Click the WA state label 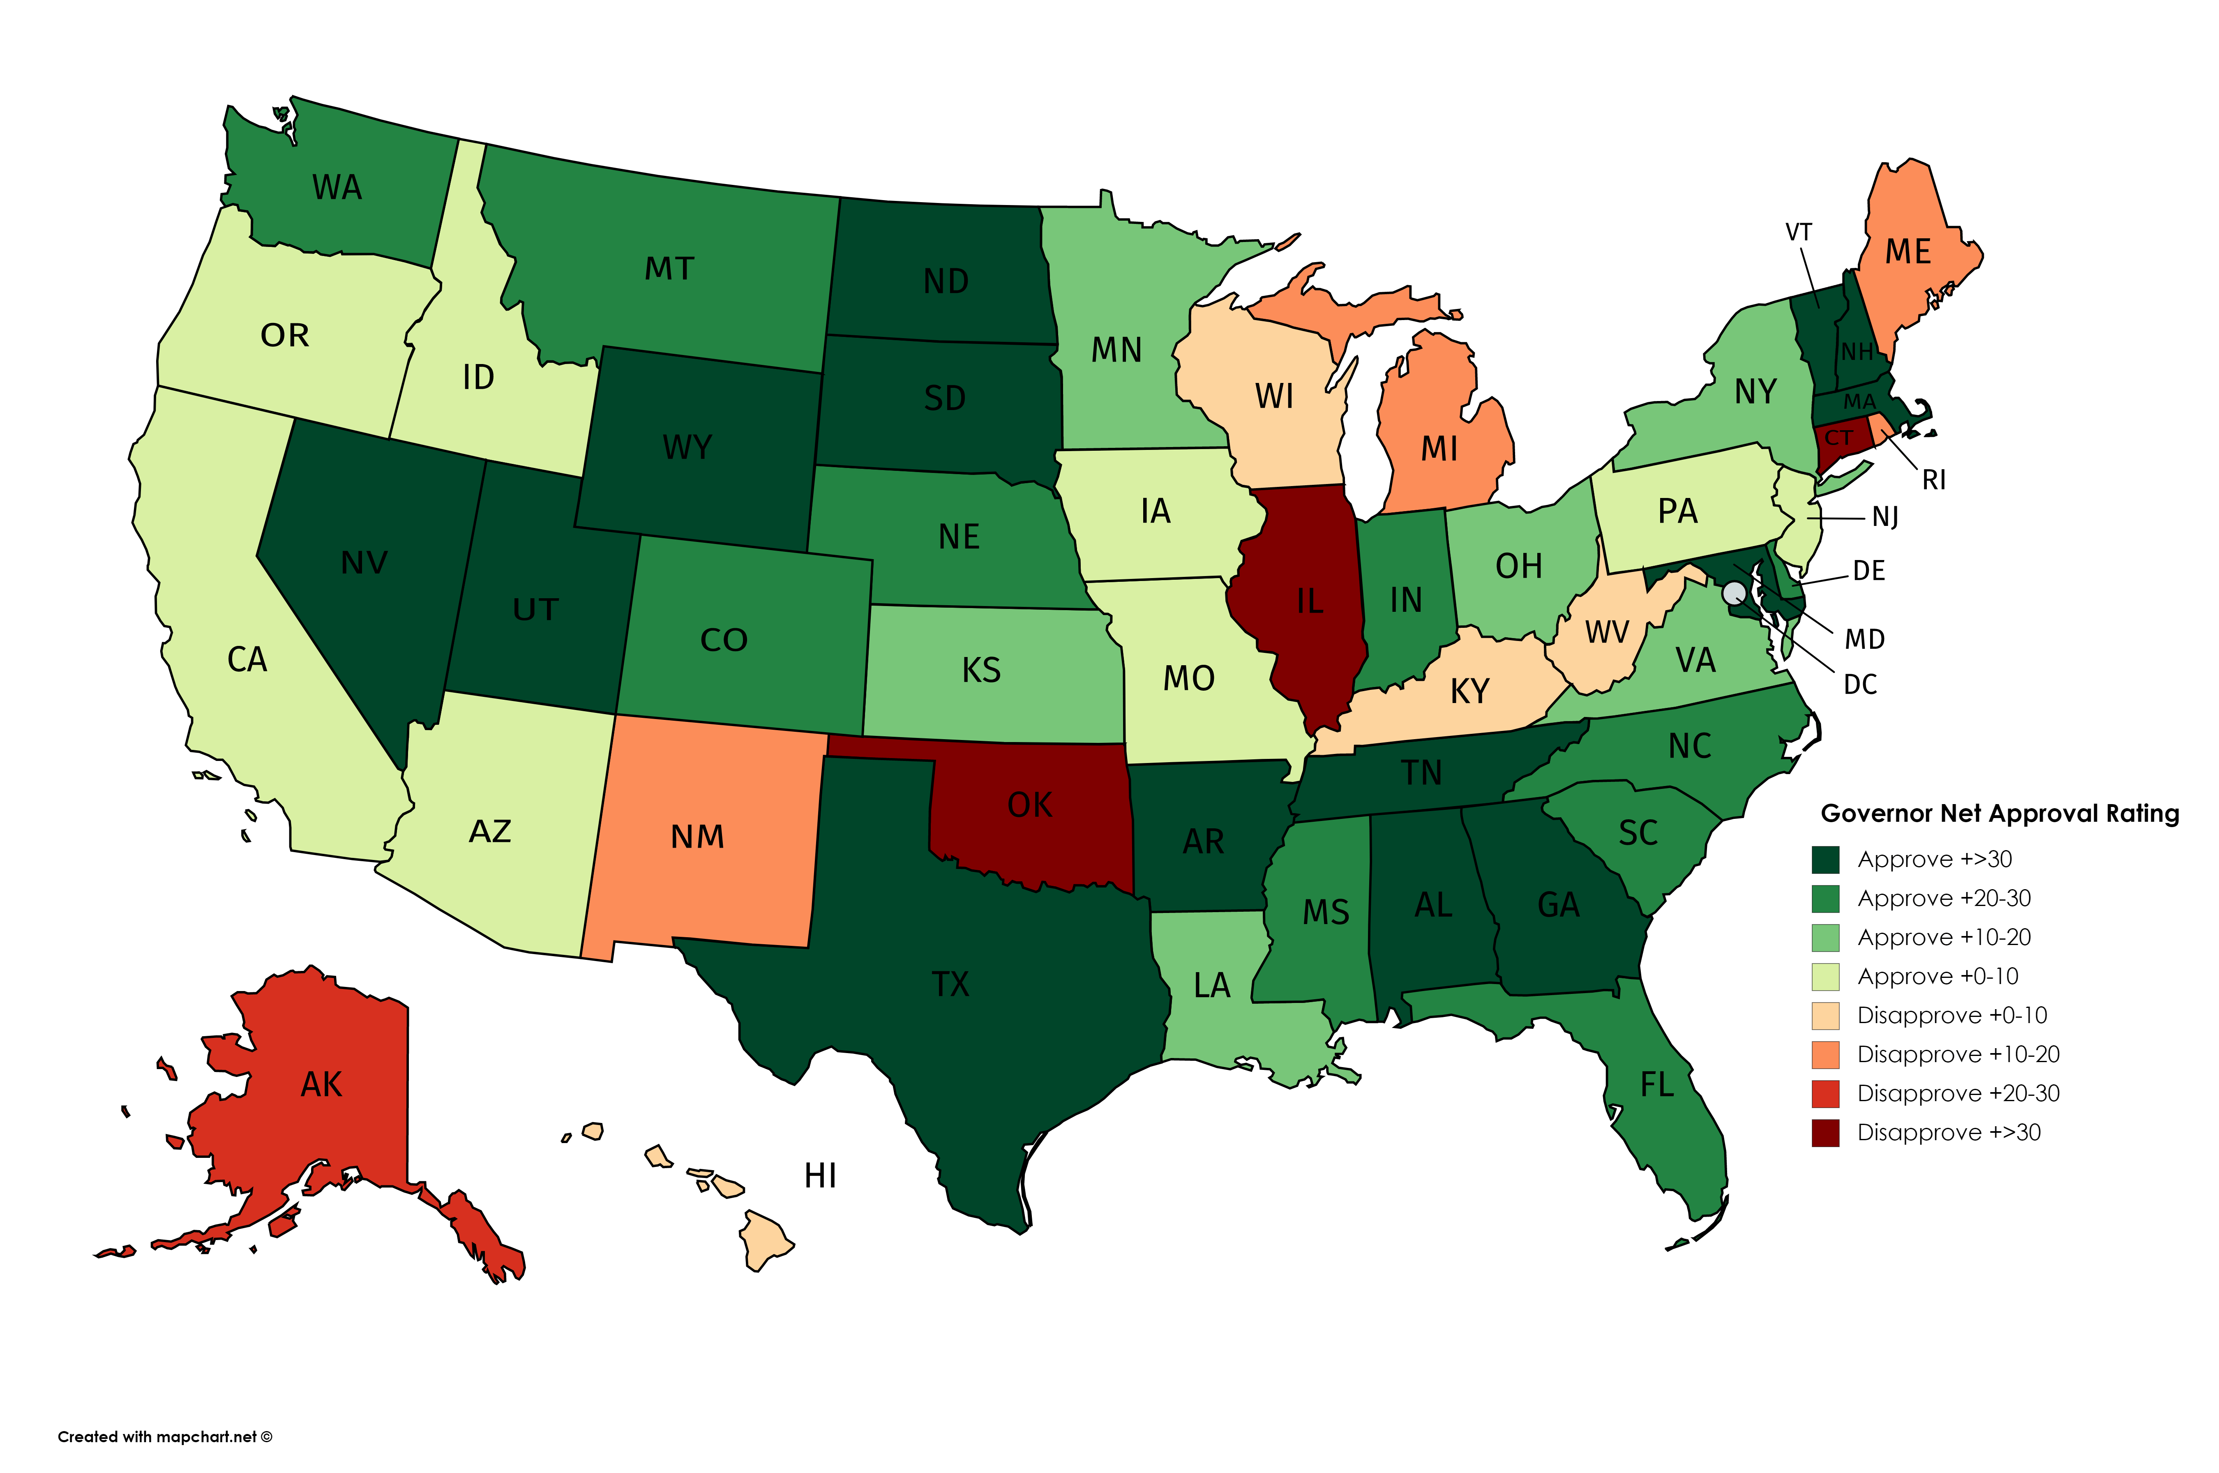(336, 188)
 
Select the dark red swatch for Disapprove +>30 (1825, 1133)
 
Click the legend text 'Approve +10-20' (1944, 938)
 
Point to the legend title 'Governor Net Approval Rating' (1999, 814)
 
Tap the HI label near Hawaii (820, 1175)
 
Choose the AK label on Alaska (321, 1085)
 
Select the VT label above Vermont (1798, 232)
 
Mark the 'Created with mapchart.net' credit (164, 1436)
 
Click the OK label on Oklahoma (1030, 805)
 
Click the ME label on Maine (1908, 252)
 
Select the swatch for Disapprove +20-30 (1825, 1093)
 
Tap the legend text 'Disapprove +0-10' (1951, 1016)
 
